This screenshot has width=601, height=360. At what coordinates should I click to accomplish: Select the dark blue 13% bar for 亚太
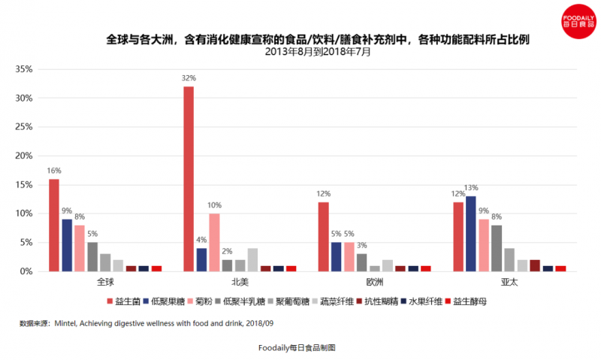point(471,234)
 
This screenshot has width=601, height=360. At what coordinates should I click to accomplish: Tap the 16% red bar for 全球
point(54,225)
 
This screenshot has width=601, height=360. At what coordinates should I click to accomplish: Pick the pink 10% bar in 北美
point(214,242)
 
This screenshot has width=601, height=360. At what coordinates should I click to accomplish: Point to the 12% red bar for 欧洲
point(323,237)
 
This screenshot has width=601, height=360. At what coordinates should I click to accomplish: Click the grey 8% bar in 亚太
point(497,248)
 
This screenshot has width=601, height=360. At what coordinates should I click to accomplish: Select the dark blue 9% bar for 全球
point(67,245)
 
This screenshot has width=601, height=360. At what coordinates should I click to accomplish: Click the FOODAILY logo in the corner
point(576,20)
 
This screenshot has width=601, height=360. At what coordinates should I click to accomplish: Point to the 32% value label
point(189,78)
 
